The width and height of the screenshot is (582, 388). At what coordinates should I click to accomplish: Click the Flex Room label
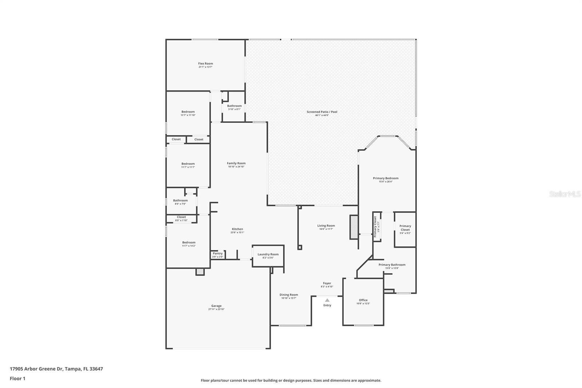206,64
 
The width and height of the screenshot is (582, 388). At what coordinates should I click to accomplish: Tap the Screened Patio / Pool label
322,112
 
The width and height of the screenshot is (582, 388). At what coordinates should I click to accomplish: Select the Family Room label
236,163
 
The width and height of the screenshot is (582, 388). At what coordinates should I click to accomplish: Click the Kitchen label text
237,229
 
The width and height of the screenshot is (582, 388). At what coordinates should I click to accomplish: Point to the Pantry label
218,254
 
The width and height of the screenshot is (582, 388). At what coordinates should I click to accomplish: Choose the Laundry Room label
268,254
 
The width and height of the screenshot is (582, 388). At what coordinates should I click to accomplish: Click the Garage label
216,306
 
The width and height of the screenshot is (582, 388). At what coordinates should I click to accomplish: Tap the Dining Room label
289,295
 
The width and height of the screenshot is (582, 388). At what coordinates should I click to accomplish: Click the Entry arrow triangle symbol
327,300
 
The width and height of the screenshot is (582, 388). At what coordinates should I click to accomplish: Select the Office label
363,300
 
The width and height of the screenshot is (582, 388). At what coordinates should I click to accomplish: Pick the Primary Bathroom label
392,265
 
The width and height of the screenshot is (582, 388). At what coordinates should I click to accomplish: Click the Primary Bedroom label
386,178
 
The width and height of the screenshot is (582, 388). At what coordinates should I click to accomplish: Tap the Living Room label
326,226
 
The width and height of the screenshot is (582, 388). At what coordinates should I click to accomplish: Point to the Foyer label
327,283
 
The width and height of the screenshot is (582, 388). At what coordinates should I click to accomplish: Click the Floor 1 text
17,379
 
